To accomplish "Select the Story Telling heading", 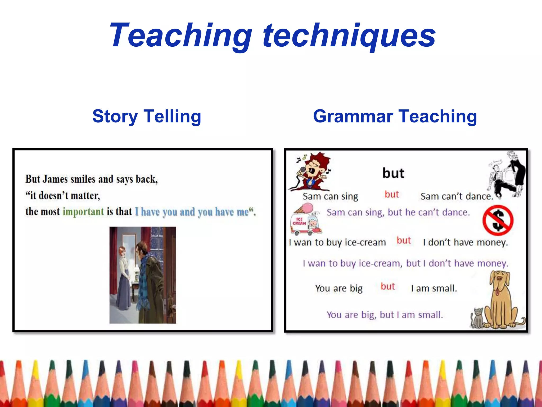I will tap(147, 116).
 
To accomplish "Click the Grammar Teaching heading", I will tap(395, 116).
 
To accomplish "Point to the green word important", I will tap(83, 211).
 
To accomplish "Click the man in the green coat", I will tap(151, 281).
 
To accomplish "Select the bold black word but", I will tap(393, 173).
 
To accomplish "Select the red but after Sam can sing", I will tap(392, 194).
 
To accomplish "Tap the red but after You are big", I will tap(388, 286).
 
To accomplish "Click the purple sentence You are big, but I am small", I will tap(385, 315).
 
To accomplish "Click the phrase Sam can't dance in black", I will tap(457, 196).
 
